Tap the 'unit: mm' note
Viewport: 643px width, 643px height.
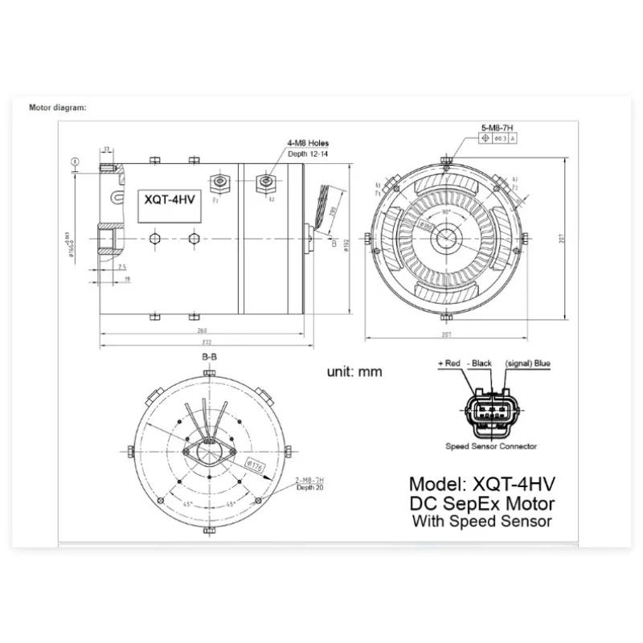pyautogui.click(x=354, y=371)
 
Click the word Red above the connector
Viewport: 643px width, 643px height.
pyautogui.click(x=452, y=364)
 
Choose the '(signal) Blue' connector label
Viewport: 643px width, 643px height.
pyautogui.click(x=528, y=364)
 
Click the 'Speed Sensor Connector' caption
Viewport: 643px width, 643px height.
pyautogui.click(x=491, y=446)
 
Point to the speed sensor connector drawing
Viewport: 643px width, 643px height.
pyautogui.click(x=489, y=410)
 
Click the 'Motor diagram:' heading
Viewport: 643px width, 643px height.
pyautogui.click(x=58, y=107)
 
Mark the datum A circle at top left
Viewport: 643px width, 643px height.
pyautogui.click(x=75, y=161)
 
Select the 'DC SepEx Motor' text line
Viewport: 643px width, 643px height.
pyautogui.click(x=482, y=504)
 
